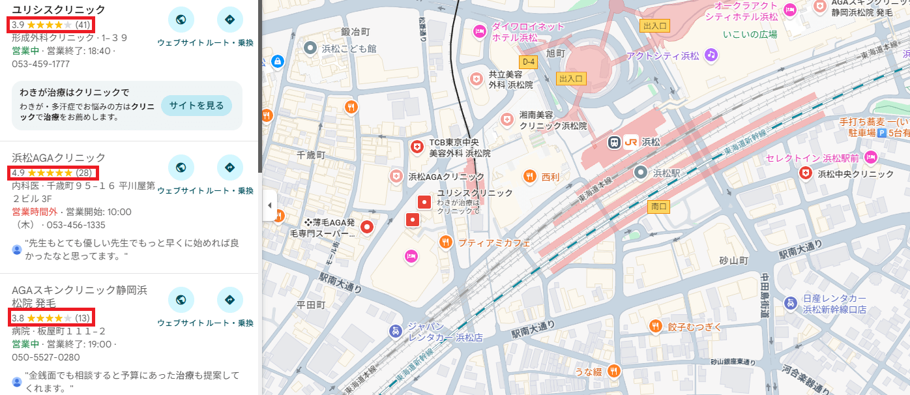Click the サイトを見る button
[x=196, y=106]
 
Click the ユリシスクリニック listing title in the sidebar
[x=59, y=9]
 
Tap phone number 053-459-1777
[x=41, y=64]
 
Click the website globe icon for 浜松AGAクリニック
[x=181, y=168]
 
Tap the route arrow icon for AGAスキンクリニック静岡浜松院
[x=229, y=300]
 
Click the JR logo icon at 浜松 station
[x=630, y=141]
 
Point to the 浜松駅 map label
[x=666, y=173]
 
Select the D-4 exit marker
[x=528, y=61]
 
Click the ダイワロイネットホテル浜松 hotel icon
[x=479, y=31]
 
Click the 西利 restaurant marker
[x=530, y=176]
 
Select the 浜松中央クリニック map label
[x=855, y=173]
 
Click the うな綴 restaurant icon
[x=613, y=371]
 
